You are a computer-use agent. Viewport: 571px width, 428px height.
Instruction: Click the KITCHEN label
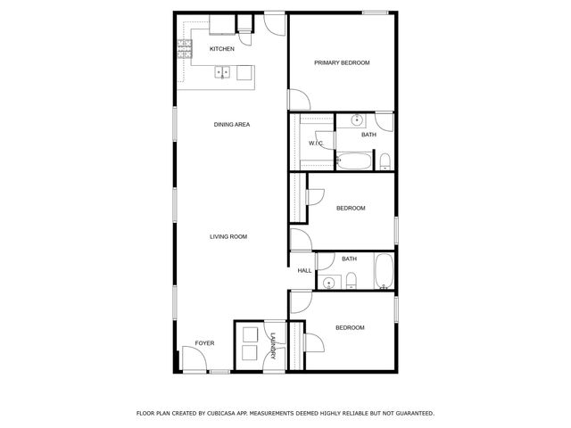(222, 49)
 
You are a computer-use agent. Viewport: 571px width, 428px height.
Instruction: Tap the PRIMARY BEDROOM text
(342, 62)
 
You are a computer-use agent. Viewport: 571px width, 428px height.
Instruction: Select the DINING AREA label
(231, 125)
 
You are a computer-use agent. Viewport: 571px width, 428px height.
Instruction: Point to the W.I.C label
(315, 143)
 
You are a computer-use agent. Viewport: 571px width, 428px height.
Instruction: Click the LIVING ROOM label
(228, 236)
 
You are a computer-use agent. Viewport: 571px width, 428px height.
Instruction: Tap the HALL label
(303, 270)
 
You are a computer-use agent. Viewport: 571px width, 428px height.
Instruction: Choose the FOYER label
(205, 343)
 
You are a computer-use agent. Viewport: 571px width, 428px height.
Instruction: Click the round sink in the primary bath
(357, 119)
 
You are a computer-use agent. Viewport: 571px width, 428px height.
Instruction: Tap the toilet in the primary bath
(385, 161)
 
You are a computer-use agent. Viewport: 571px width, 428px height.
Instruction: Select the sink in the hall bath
(330, 283)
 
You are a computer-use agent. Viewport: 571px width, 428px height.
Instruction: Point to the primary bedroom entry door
(296, 99)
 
